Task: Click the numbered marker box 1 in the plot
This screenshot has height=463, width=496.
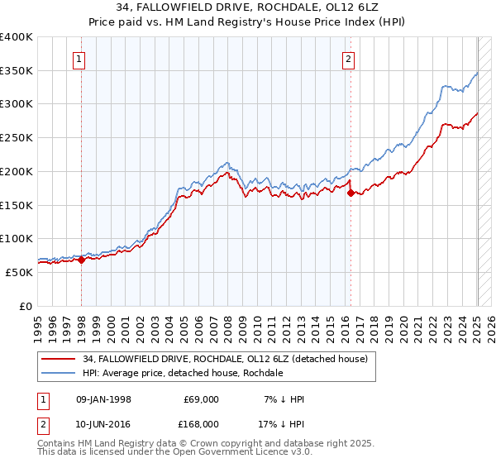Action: [78, 59]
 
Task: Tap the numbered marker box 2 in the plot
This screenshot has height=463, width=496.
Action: [349, 59]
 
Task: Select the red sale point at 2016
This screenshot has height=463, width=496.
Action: [351, 193]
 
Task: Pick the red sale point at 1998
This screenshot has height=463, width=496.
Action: [82, 260]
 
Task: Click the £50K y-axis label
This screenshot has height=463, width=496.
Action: [19, 272]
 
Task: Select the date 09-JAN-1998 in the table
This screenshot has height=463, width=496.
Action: [103, 399]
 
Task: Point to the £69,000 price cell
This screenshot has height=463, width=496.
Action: [201, 399]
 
